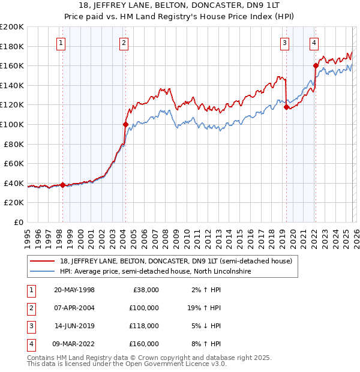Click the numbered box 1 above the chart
62,43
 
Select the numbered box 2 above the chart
124,43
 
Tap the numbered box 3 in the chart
284,43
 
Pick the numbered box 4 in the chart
314,43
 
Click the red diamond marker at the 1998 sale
62,185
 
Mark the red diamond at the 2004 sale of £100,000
125,124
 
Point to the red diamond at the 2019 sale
286,107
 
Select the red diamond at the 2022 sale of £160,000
316,65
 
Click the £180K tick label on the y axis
12,46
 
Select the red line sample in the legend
43,261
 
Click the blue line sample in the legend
43,271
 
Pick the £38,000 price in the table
144,290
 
